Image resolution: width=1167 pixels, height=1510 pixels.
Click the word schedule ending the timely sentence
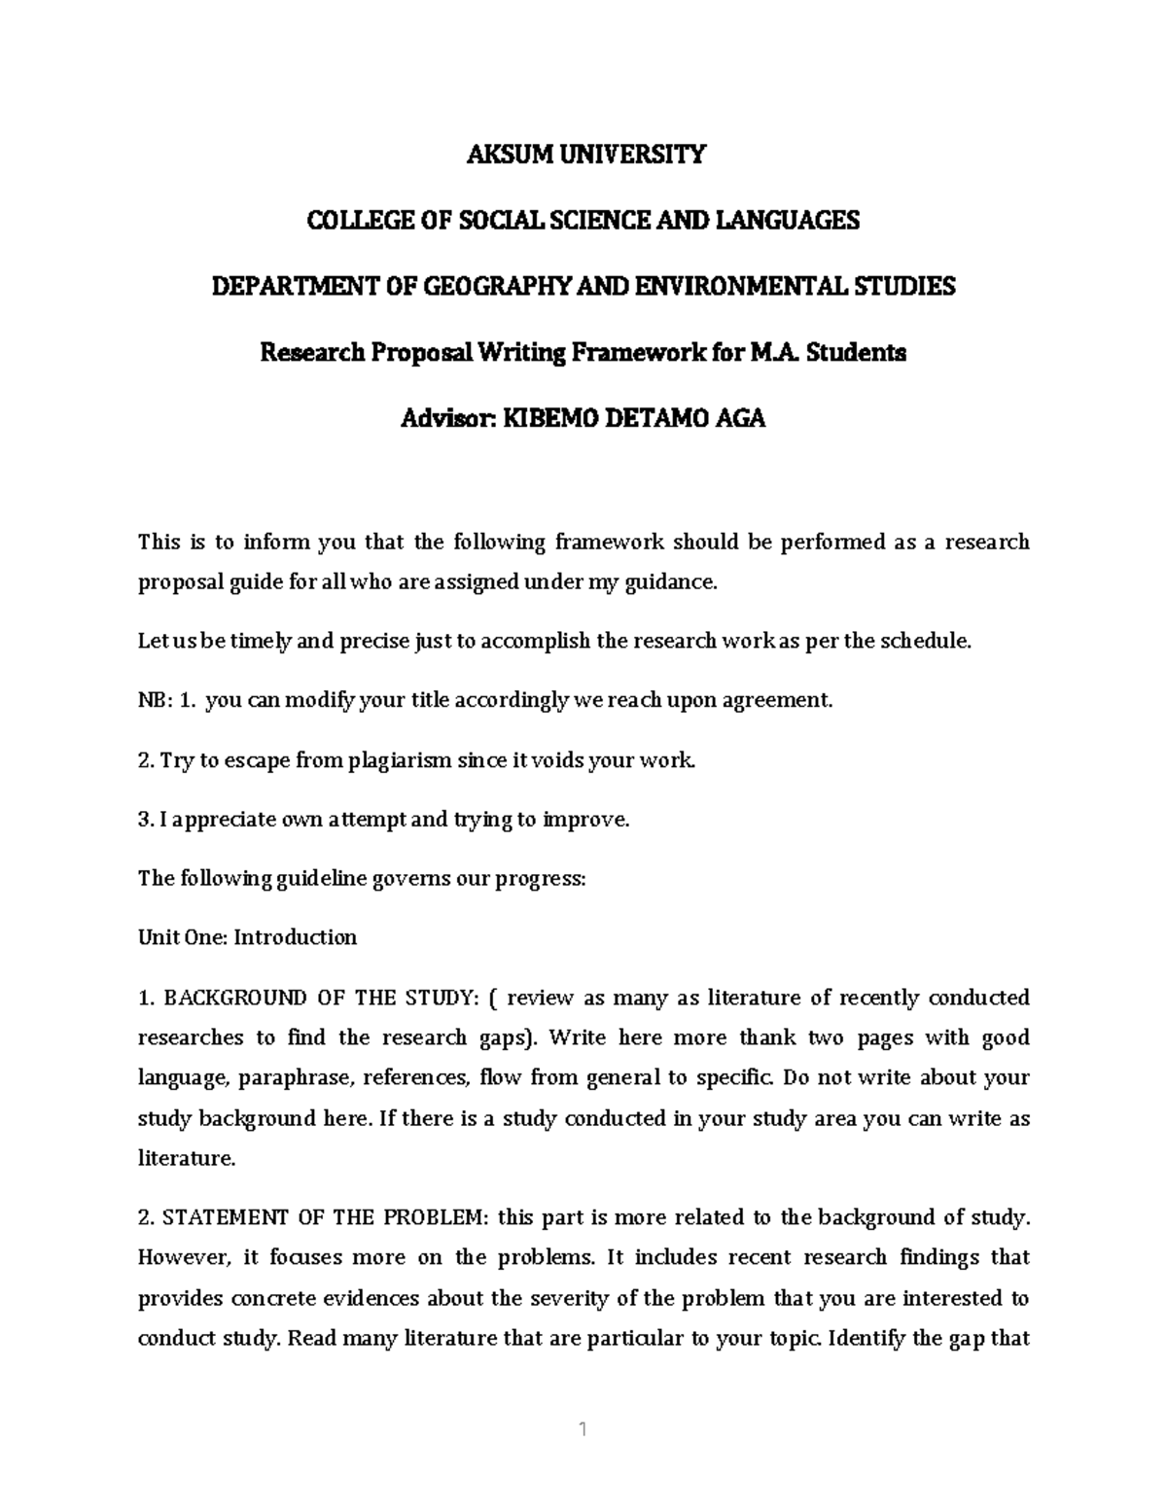tap(925, 642)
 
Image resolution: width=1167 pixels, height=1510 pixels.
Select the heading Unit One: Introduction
tap(247, 938)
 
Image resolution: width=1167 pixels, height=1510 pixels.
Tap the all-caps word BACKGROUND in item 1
tap(226, 999)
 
